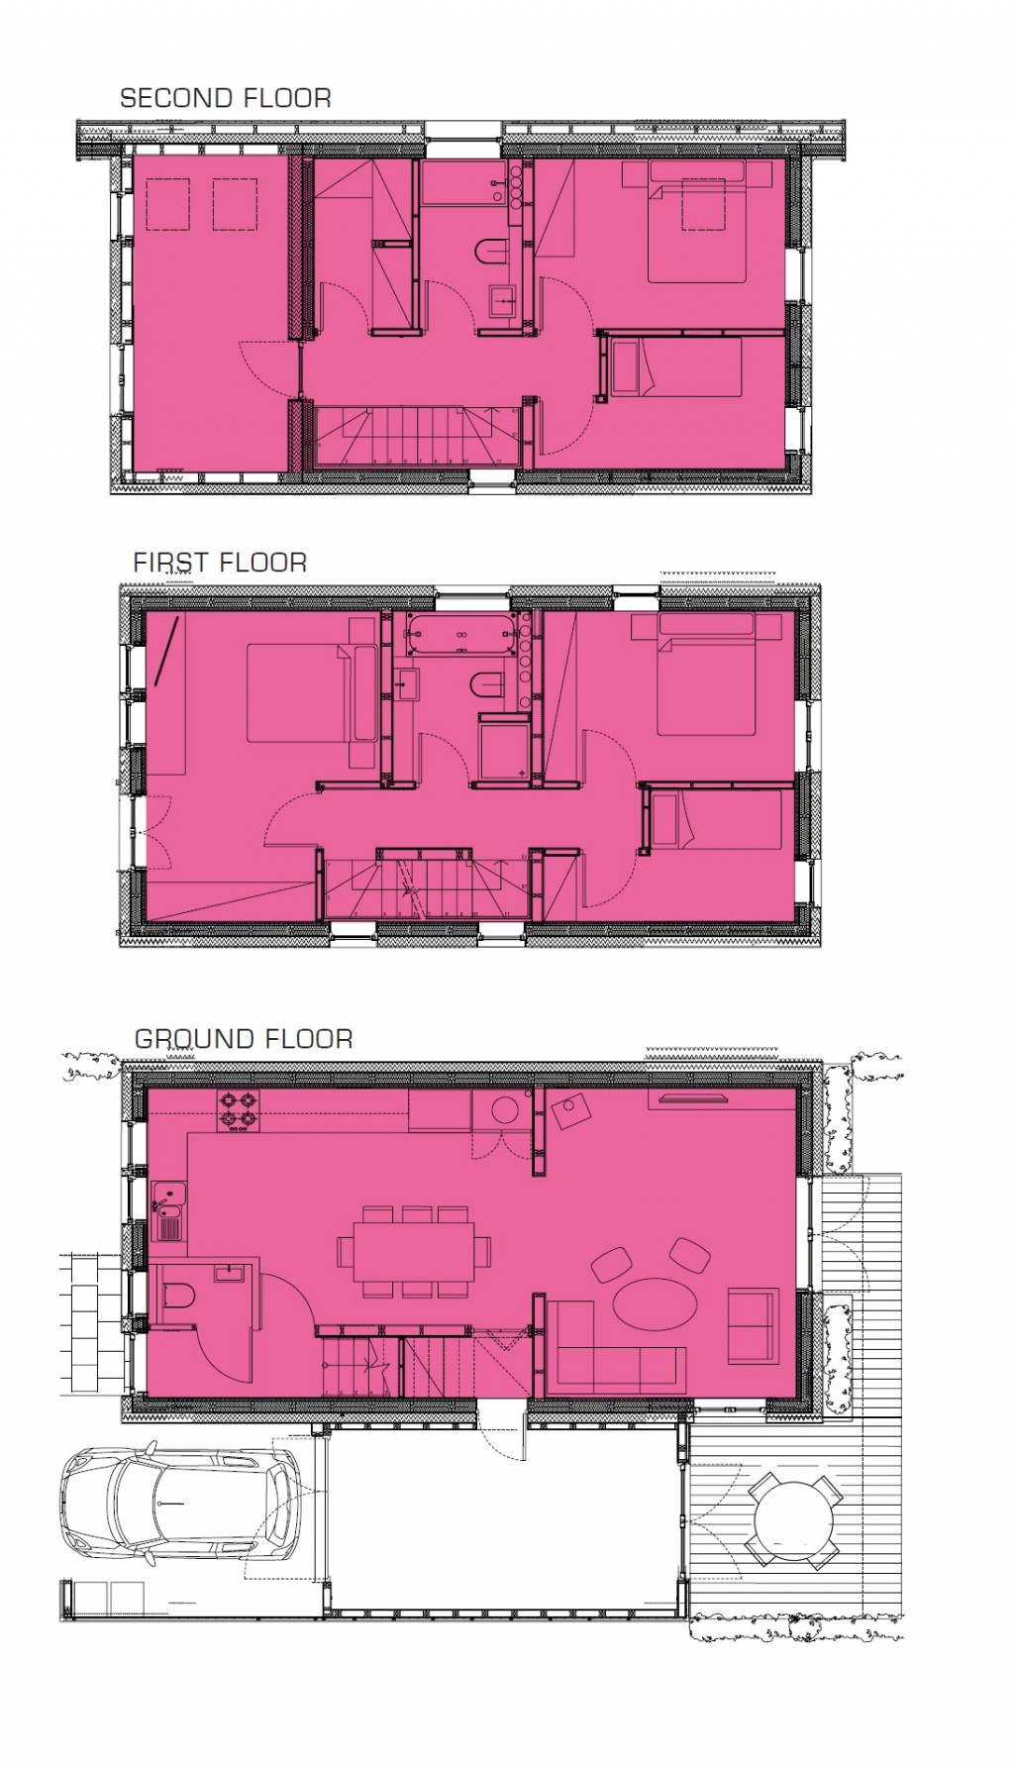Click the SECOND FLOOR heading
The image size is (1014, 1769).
click(225, 98)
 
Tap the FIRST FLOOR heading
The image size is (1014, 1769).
click(220, 563)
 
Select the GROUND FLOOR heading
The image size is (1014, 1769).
click(244, 1039)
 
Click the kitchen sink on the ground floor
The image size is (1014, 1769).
click(168, 1211)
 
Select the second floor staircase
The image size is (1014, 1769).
click(415, 433)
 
